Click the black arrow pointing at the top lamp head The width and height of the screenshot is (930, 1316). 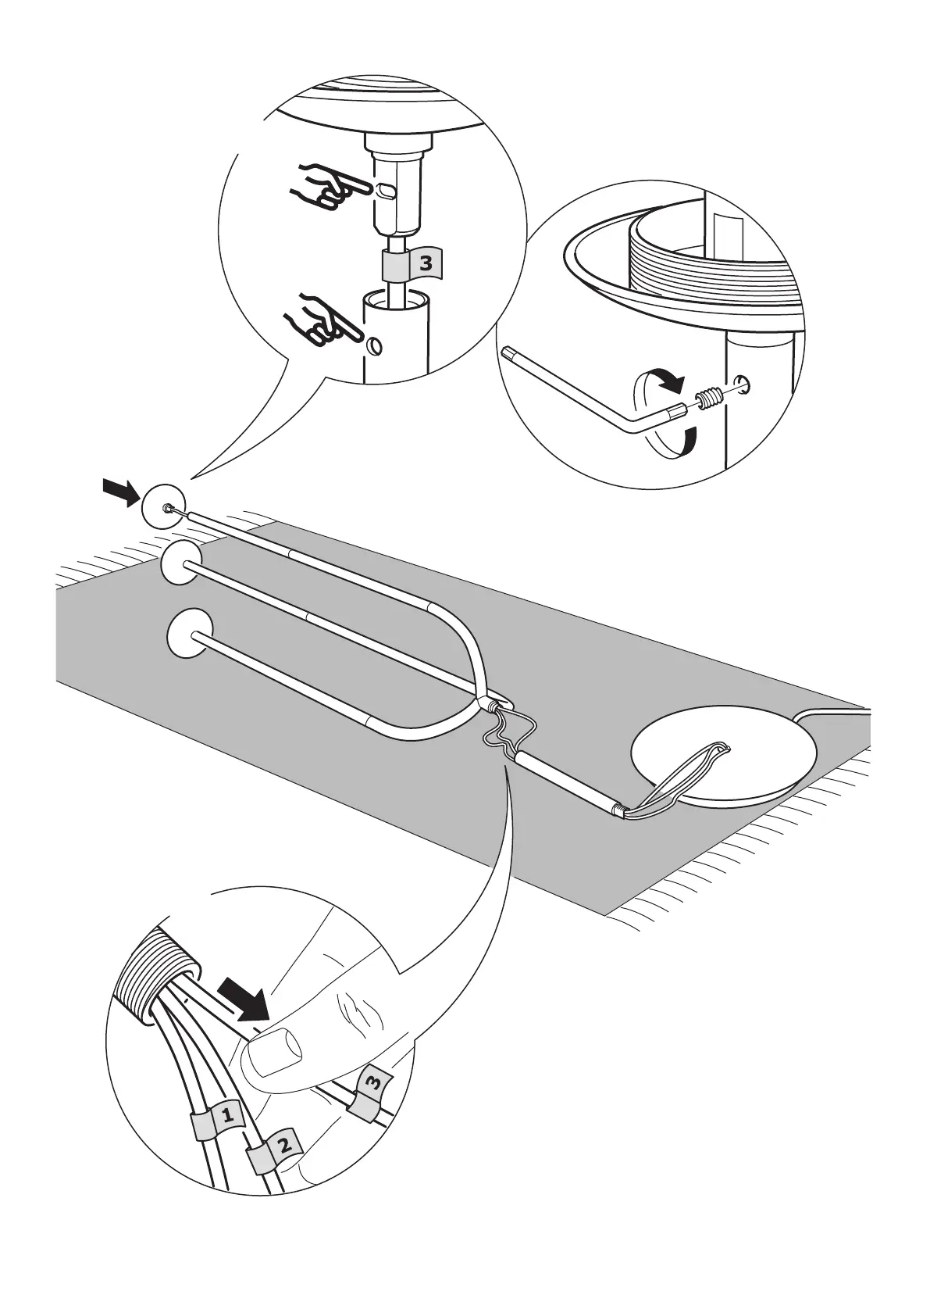(x=121, y=492)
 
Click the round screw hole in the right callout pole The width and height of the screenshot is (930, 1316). (x=745, y=383)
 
